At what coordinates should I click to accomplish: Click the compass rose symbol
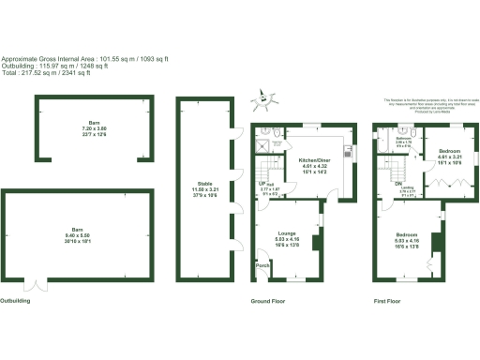click(265, 97)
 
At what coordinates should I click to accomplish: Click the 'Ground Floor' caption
click(267, 302)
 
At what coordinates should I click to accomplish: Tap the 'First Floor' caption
click(386, 302)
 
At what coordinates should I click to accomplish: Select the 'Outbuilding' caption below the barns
click(15, 302)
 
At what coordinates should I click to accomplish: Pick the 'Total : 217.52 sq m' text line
click(46, 73)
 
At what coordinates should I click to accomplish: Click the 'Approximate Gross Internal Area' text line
click(84, 59)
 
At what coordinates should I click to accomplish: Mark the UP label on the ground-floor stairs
click(262, 184)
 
